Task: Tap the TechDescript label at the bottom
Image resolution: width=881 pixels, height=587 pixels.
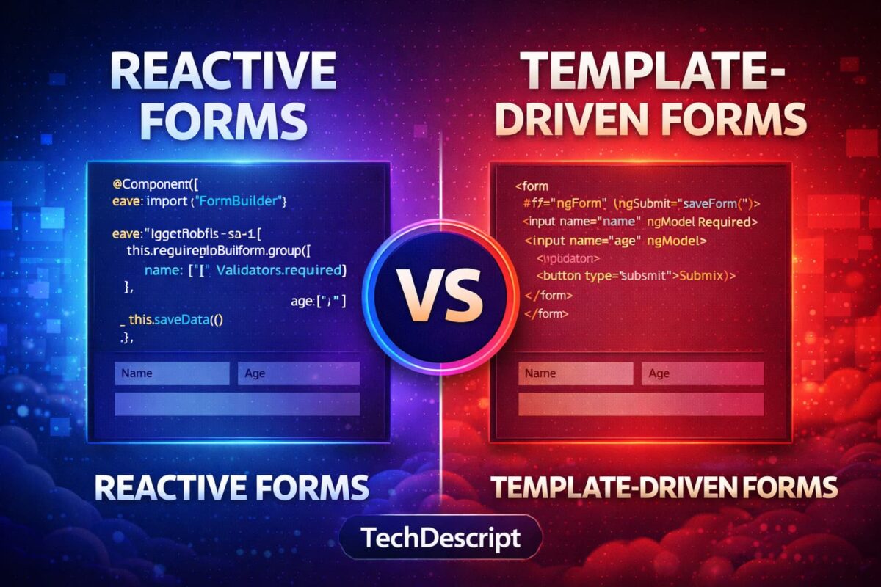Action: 440,539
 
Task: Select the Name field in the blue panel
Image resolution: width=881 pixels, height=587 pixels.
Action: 172,373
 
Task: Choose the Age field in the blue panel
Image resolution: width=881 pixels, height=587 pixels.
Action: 299,373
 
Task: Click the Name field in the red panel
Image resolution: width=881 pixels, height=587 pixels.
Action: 576,373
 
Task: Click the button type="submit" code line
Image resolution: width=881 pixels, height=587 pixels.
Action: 636,276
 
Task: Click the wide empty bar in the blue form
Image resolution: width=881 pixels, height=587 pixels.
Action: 237,404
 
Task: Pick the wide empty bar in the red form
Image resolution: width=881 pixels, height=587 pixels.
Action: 641,404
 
